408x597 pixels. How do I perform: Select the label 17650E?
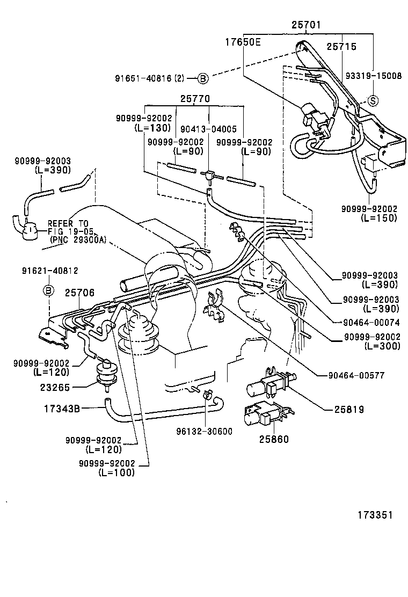pos(243,41)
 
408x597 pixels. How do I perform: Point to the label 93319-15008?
pos(374,76)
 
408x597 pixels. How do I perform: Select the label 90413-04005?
pos(208,129)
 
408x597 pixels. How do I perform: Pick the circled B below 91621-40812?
pos(48,290)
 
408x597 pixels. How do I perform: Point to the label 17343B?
pos(62,409)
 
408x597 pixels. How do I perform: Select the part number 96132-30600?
pos(205,431)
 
